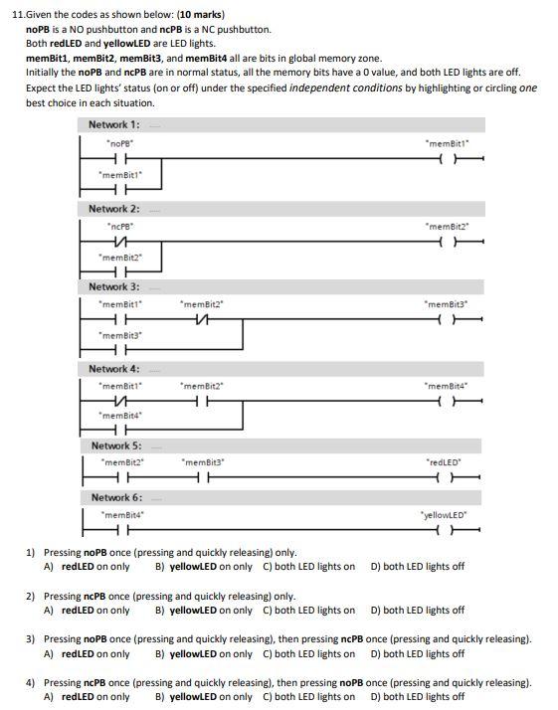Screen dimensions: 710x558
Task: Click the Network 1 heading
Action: point(113,124)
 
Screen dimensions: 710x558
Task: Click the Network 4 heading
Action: point(113,368)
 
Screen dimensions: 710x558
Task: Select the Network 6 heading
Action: point(116,496)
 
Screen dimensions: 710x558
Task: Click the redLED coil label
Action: point(444,462)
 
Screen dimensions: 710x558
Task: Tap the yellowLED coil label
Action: point(444,514)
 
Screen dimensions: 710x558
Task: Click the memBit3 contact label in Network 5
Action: point(203,462)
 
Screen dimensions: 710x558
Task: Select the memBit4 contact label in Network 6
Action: point(124,514)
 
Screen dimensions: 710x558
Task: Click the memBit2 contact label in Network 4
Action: point(202,385)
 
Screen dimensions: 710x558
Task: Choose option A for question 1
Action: point(87,567)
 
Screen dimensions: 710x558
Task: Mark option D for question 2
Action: point(417,611)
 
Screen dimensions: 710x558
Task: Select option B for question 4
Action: point(203,697)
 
